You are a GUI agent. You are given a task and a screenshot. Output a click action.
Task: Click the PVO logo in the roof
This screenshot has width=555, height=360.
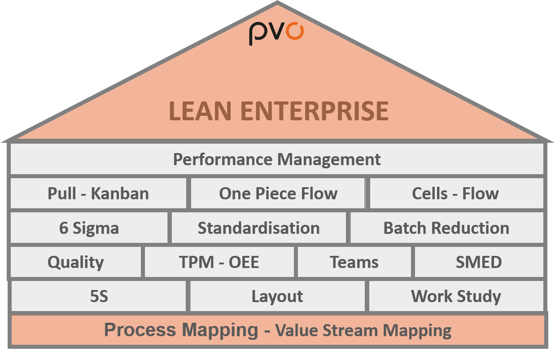276,34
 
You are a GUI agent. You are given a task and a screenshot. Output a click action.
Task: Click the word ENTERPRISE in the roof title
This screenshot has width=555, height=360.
315,111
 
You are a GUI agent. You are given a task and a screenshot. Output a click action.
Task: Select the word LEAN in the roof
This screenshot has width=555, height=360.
200,111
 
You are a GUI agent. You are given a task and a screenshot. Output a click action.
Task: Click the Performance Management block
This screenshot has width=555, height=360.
277,159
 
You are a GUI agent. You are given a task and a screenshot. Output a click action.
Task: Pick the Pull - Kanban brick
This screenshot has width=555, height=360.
98,193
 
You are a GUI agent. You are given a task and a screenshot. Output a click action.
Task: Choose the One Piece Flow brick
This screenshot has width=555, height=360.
278,193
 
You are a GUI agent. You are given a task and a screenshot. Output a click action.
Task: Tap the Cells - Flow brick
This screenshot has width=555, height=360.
457,193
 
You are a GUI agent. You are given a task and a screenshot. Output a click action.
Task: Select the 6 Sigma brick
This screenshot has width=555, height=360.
89,228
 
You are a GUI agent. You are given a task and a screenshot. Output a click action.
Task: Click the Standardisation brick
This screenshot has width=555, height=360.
259,228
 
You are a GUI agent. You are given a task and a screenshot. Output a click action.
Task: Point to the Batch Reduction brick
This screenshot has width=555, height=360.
447,228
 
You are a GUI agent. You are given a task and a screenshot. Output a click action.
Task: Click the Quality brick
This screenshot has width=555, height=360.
75,262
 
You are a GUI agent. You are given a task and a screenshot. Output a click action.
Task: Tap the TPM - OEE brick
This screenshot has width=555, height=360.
219,262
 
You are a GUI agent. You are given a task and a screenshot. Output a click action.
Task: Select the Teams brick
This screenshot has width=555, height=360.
354,262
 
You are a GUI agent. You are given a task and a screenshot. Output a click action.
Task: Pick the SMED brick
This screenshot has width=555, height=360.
479,262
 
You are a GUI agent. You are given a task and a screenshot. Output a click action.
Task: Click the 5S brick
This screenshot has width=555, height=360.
99,296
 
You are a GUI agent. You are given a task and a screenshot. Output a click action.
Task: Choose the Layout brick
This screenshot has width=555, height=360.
277,296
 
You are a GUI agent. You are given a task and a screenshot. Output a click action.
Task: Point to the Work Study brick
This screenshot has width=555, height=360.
456,296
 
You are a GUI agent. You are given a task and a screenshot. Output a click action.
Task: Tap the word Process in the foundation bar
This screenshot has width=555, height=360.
140,330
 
